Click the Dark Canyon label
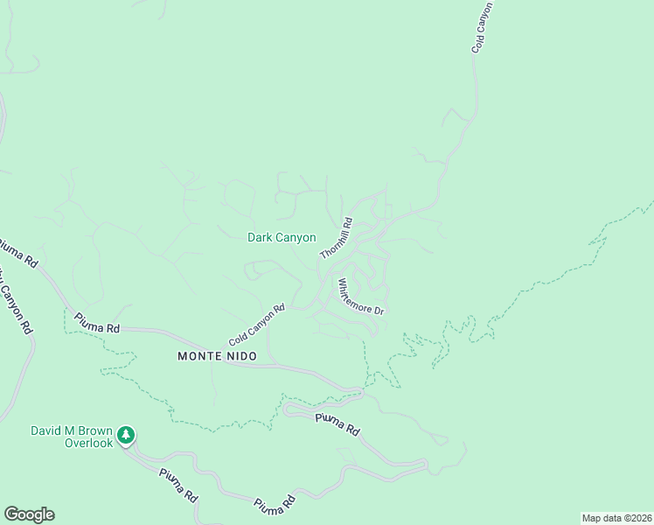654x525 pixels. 282,237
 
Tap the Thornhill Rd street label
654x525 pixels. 336,238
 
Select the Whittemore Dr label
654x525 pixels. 361,297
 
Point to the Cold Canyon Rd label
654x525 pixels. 257,325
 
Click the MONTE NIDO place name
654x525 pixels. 218,356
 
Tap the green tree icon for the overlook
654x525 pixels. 127,435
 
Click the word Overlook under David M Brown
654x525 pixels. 89,444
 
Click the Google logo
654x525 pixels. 29,514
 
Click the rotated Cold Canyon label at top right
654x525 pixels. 482,27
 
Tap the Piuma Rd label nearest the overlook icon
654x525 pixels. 178,485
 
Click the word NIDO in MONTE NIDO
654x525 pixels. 242,356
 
